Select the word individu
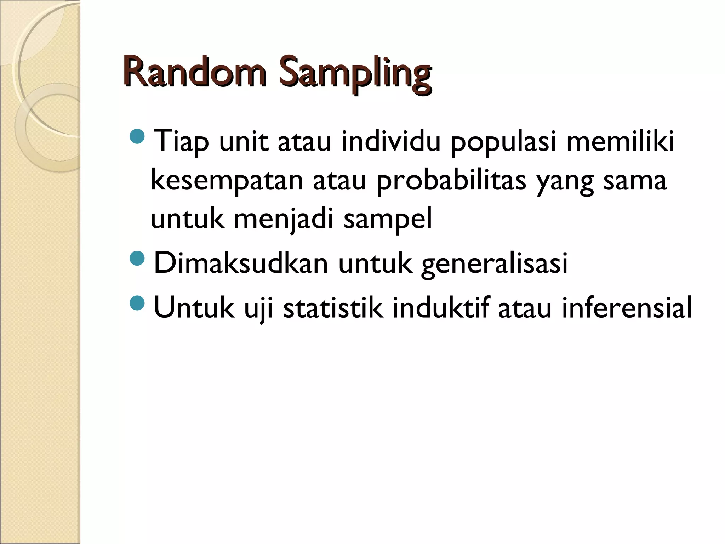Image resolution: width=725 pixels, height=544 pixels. tap(391, 141)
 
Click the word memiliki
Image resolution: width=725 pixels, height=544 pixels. tap(620, 141)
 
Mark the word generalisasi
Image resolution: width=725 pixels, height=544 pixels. tap(494, 264)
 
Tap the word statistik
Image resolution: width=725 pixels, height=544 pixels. tap(333, 307)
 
